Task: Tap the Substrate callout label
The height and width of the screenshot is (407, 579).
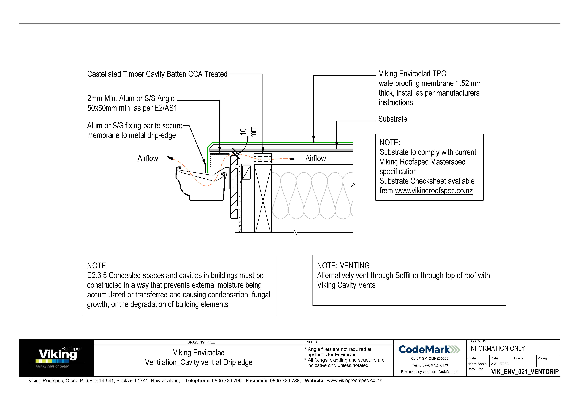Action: [x=393, y=119]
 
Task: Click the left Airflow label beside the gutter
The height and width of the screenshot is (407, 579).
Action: [x=148, y=158]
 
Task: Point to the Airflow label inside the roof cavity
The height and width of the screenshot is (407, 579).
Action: [x=316, y=158]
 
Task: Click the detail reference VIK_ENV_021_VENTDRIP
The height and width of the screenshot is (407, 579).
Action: [x=525, y=372]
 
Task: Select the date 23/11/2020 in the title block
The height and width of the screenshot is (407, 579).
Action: [x=500, y=364]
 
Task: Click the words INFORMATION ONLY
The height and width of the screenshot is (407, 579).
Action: [x=497, y=348]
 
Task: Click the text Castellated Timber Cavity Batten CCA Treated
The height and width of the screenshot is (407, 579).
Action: [x=157, y=74]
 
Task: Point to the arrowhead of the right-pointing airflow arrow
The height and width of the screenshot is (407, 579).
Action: [x=293, y=159]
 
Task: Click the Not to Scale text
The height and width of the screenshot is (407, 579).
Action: [x=477, y=364]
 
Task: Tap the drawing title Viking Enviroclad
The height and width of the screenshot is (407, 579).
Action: [x=199, y=353]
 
